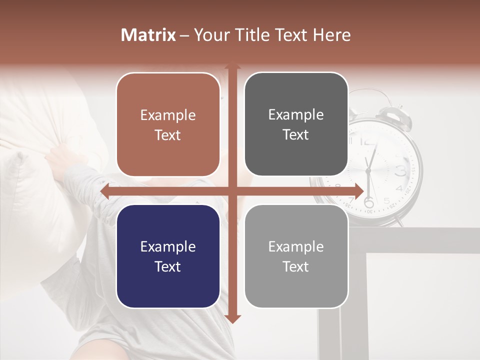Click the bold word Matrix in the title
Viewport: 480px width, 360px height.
[148, 35]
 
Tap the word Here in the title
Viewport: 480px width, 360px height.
[331, 35]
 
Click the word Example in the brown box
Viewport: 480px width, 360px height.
[167, 115]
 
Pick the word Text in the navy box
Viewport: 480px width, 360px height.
[167, 266]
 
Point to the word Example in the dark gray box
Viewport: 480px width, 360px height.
[295, 114]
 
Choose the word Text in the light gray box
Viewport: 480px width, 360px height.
[295, 266]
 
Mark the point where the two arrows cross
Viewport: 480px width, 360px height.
[232, 191]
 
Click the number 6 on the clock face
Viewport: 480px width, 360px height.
[369, 202]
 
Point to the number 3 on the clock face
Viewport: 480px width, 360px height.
[400, 171]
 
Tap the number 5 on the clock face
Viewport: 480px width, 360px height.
[386, 201]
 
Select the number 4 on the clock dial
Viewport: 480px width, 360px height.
[398, 189]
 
